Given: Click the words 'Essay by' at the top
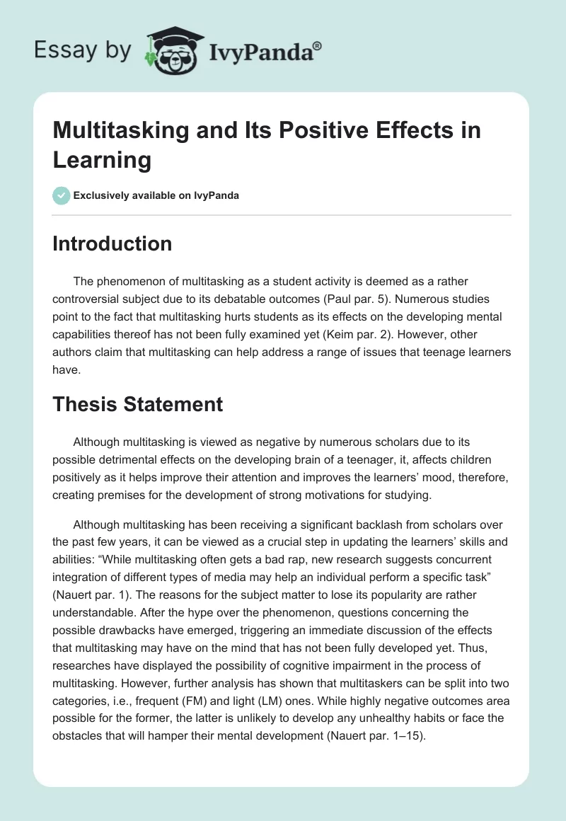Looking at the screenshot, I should pos(83,50).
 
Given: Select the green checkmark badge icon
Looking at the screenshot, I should pos(61,195).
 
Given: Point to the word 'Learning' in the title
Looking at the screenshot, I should pos(102,160).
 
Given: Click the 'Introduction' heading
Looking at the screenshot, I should pos(112,243).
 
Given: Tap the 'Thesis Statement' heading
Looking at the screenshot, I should pos(137,404).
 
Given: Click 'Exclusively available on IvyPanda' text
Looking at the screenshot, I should pos(157,195).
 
